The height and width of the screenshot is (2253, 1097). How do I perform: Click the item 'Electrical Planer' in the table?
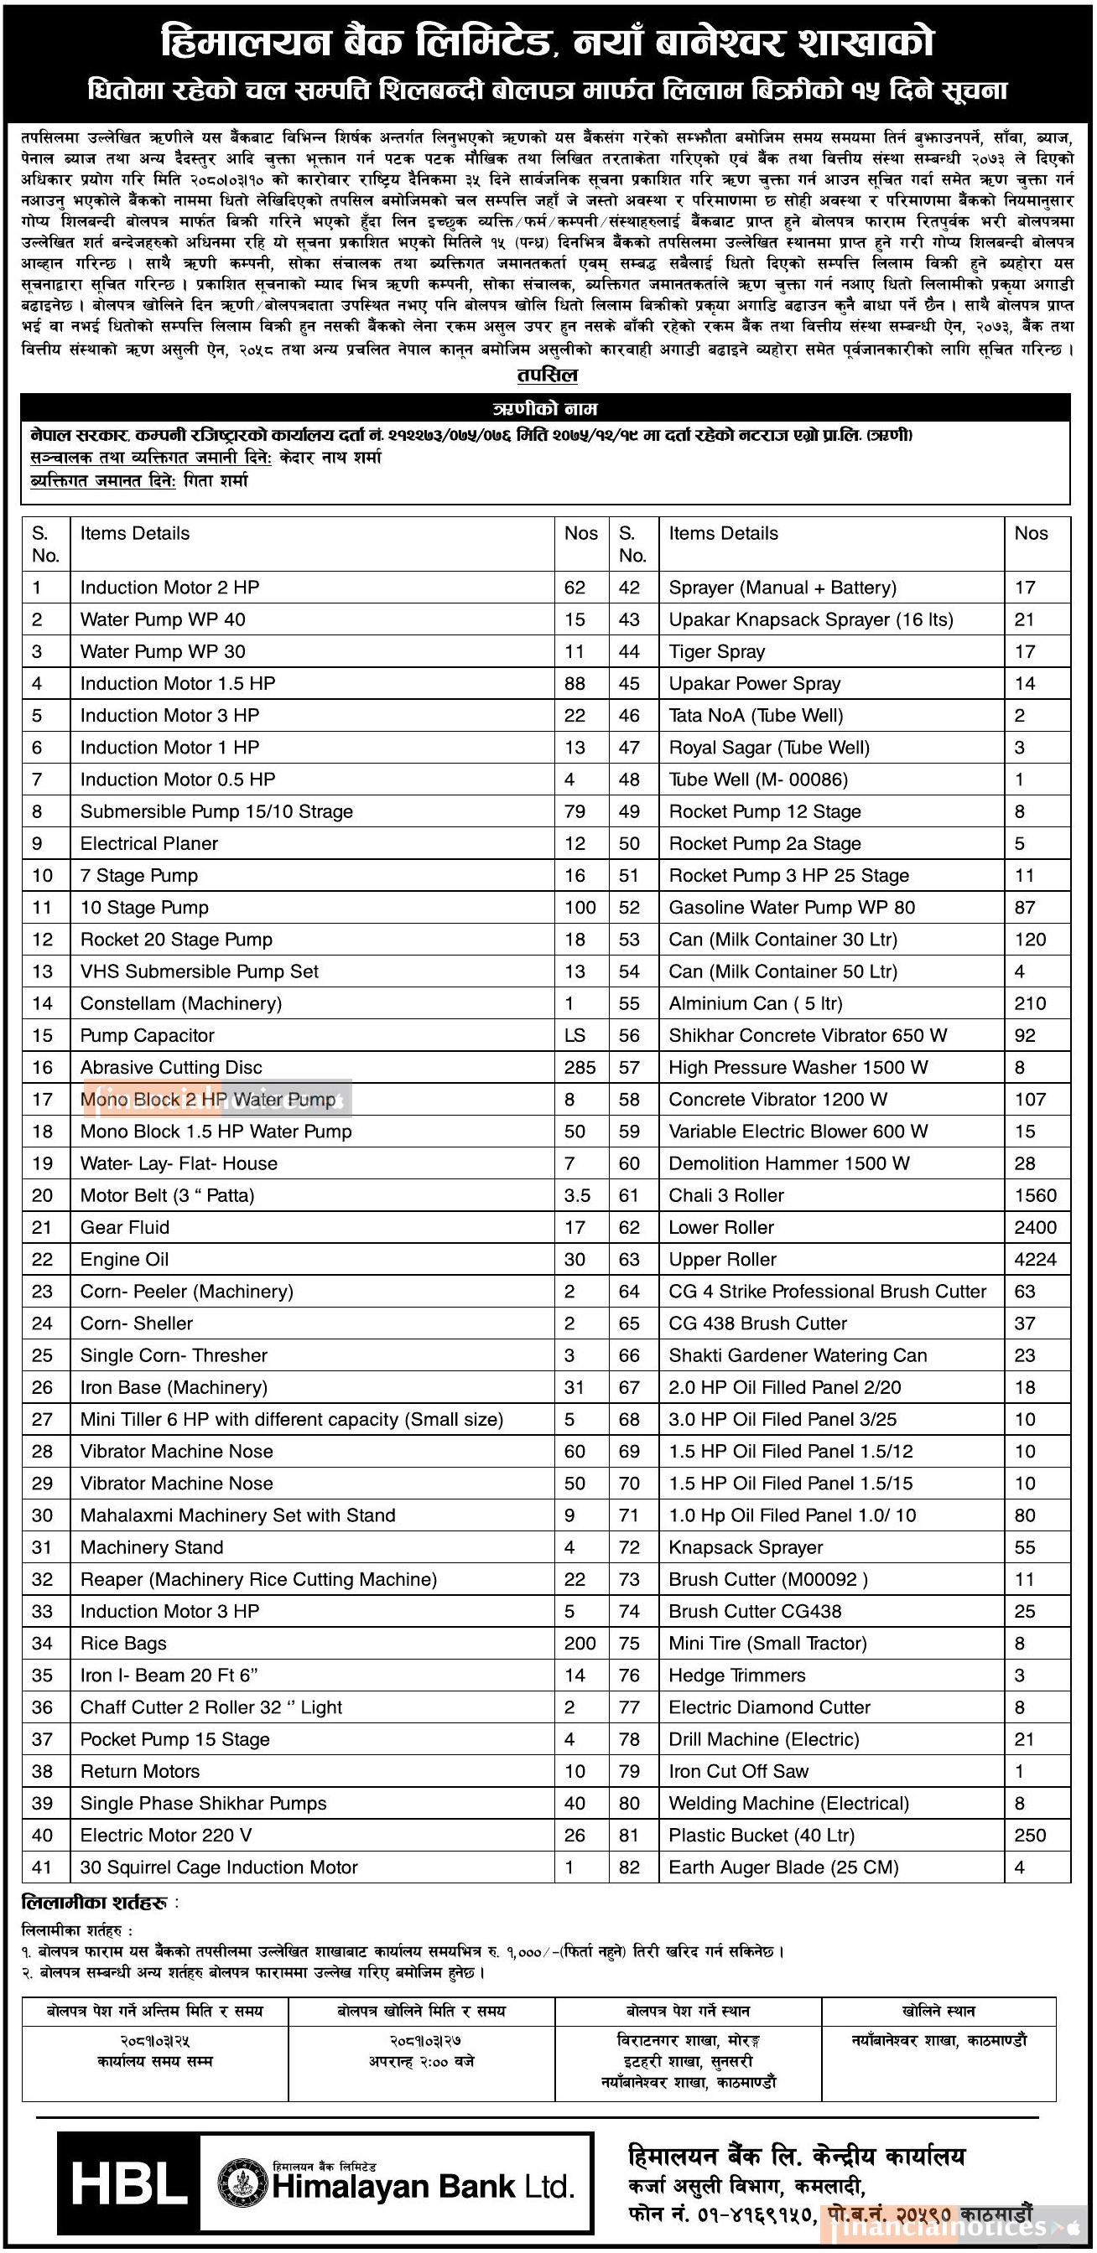[148, 843]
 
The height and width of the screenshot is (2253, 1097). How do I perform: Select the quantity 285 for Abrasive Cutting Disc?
[580, 1067]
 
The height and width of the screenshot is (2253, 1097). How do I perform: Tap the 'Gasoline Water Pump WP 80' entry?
[792, 907]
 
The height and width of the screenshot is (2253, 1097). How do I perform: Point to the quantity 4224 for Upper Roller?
[1035, 1260]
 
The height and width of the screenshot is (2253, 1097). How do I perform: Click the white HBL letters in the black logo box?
[129, 2183]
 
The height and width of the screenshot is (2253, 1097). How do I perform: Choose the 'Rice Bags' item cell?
[123, 1644]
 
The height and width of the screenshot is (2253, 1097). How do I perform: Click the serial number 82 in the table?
[629, 1867]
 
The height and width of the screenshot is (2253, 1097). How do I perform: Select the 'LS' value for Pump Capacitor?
[574, 1035]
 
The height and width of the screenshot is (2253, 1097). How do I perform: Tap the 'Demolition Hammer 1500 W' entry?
[789, 1163]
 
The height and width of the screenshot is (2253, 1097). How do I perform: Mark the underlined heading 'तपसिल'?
[547, 375]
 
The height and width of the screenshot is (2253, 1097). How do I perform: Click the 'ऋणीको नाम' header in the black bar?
[545, 408]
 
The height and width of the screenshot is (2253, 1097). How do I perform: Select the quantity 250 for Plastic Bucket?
[1030, 1835]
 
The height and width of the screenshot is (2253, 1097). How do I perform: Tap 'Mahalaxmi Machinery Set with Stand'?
[238, 1515]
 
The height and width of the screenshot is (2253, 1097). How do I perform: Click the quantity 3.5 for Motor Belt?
[576, 1195]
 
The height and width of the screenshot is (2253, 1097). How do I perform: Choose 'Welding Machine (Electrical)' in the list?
[788, 1804]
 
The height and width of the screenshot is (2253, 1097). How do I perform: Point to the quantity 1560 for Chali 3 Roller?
[1035, 1195]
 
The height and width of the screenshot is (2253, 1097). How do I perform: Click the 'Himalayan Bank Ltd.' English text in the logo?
[423, 2187]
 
